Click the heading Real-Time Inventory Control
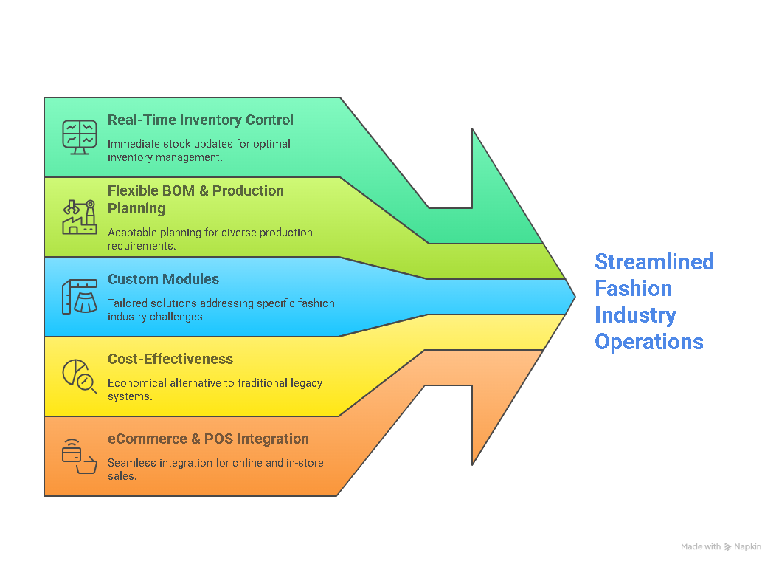point(200,120)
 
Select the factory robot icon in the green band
point(79,217)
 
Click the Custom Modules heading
point(163,279)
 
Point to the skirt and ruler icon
point(79,297)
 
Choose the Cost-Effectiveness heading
point(170,359)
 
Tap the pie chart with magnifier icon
point(79,376)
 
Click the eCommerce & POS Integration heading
point(208,439)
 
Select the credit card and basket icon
point(79,456)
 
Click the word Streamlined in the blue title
point(654,262)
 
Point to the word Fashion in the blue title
point(633,289)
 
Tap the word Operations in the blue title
point(648,342)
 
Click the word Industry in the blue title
point(635,315)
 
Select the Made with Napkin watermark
point(721,547)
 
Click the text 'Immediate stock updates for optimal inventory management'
point(198,150)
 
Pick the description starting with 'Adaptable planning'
point(210,238)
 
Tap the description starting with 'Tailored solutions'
point(221,309)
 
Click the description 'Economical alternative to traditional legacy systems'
point(215,389)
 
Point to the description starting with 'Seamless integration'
point(215,469)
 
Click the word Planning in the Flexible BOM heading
point(136,208)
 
